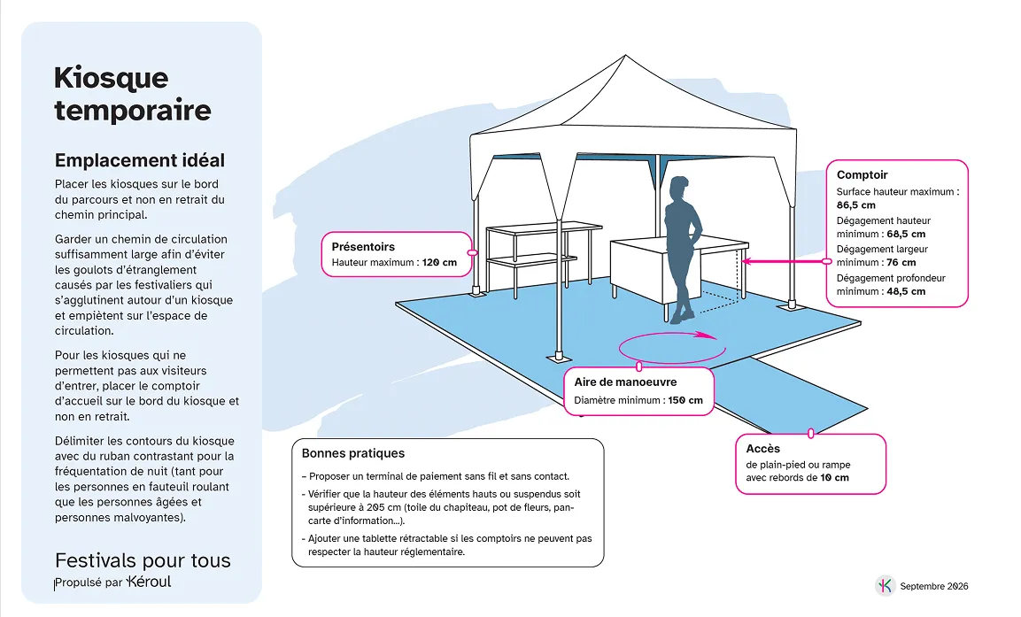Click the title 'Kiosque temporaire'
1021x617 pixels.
[x=133, y=95]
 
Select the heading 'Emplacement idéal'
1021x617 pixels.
[x=140, y=160]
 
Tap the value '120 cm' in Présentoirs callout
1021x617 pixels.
[x=439, y=263]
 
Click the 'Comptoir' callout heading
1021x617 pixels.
[x=862, y=174]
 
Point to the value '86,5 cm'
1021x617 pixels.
[x=856, y=205]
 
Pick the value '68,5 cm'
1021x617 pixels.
[x=906, y=234]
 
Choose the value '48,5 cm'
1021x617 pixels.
[x=906, y=291]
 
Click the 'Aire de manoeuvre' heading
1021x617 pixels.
[x=625, y=382]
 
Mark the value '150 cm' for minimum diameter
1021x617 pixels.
[x=685, y=400]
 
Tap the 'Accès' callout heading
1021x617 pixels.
[x=762, y=449]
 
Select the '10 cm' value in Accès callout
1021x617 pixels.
[x=834, y=478]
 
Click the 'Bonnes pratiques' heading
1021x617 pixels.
[x=353, y=453]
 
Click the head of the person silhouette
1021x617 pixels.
[x=678, y=188]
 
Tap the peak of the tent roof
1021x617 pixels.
[x=626, y=55]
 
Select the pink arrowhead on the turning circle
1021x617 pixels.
[x=705, y=335]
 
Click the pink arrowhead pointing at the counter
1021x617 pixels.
[x=747, y=262]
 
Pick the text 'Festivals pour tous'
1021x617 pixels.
[x=143, y=560]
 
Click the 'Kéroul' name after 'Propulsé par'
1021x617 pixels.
[x=149, y=582]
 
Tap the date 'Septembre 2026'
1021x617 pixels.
[x=933, y=586]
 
